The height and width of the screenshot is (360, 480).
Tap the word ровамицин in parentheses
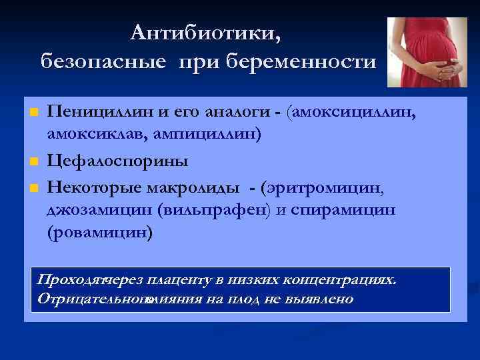(x=99, y=233)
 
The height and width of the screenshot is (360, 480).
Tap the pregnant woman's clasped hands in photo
(x=443, y=67)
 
